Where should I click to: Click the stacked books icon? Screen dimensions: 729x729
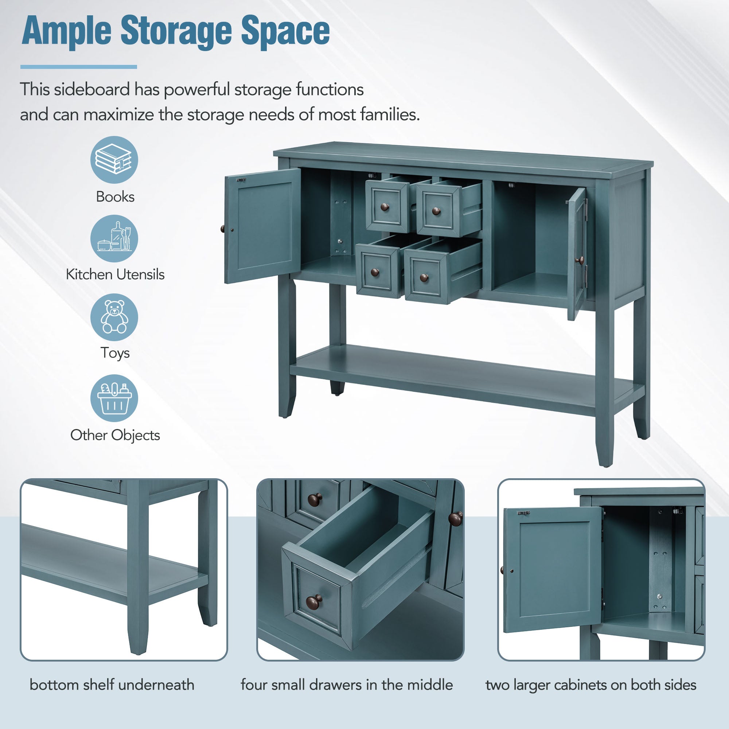click(x=114, y=160)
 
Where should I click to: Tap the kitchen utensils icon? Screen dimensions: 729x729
click(x=114, y=238)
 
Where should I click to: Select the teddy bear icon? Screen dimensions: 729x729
click(x=114, y=317)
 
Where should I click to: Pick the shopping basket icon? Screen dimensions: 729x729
click(x=114, y=398)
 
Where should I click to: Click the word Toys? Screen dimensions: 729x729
click(x=115, y=353)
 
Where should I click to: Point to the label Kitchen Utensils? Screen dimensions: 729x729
click(x=115, y=274)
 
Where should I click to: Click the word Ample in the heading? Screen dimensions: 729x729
click(x=66, y=31)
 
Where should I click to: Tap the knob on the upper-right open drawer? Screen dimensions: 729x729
click(x=436, y=211)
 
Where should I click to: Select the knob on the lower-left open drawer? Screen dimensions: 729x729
click(x=375, y=272)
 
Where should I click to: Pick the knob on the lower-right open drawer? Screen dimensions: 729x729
click(x=424, y=278)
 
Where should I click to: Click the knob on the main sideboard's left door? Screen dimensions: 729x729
click(x=222, y=229)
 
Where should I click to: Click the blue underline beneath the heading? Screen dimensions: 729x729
click(x=78, y=67)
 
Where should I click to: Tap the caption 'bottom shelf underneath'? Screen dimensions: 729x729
click(x=112, y=685)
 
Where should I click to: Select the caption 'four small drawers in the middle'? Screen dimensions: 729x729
click(x=347, y=685)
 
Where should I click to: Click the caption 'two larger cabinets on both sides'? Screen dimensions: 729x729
click(x=591, y=685)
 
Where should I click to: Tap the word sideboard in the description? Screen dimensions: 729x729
click(x=92, y=90)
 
